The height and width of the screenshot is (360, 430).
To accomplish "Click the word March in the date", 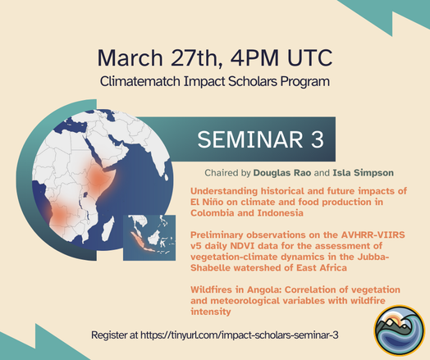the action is [130, 57].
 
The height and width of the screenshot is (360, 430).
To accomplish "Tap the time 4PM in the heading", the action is [254, 57].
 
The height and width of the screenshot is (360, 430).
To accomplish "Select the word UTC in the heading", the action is [310, 57].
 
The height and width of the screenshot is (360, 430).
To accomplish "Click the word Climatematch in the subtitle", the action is [140, 82].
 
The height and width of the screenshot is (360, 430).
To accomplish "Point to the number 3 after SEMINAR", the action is [318, 139].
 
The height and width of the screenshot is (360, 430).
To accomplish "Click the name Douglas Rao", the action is [282, 173].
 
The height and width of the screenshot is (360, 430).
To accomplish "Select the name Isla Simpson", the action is [363, 173].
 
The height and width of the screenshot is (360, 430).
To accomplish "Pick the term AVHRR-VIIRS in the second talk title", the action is [373, 235].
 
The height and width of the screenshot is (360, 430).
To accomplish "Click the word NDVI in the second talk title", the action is [243, 246].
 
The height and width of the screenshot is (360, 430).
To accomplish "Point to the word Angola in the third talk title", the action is [264, 289].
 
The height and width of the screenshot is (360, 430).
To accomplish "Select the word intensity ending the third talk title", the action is [211, 312].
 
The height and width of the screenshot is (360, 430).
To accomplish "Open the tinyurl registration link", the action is [239, 335].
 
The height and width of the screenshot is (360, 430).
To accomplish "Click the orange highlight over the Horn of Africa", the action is [98, 178].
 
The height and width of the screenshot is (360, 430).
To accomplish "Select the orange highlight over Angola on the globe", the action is [59, 216].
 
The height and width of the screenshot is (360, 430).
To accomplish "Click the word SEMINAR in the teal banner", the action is [249, 139].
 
